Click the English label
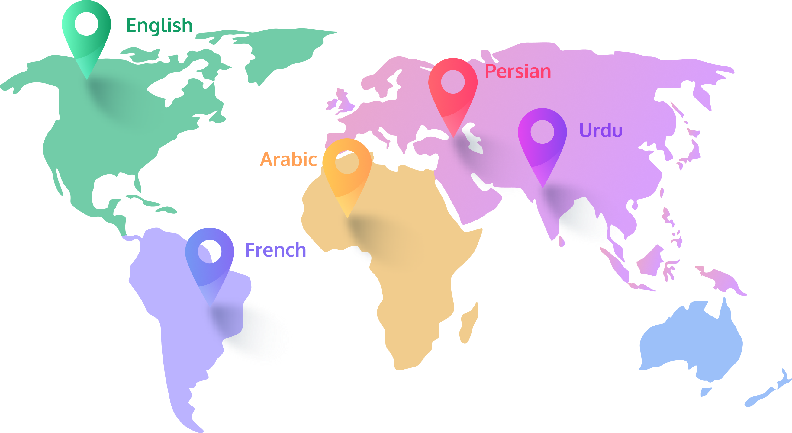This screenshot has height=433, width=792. click(159, 26)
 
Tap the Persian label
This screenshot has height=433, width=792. click(518, 72)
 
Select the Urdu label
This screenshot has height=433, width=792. click(600, 131)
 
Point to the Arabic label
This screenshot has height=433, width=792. click(288, 159)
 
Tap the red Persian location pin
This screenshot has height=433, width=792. click(453, 92)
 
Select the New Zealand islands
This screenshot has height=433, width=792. click(769, 393)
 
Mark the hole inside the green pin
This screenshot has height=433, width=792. click(86, 24)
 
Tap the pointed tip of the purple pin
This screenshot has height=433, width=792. click(543, 186)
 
